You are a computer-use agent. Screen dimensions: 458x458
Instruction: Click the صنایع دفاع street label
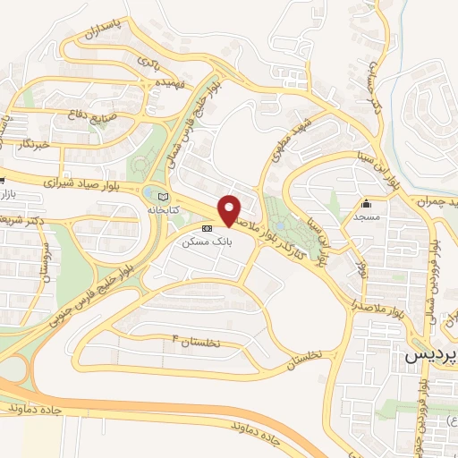click(x=88, y=114)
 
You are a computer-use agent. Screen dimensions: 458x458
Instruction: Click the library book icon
click(x=162, y=198)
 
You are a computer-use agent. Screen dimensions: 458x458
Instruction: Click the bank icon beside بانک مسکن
click(x=208, y=229)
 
